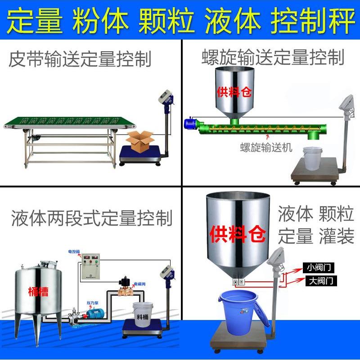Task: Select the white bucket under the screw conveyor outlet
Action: click(x=313, y=157)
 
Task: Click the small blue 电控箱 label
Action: click(x=74, y=252)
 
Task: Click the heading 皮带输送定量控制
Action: click(x=80, y=60)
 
